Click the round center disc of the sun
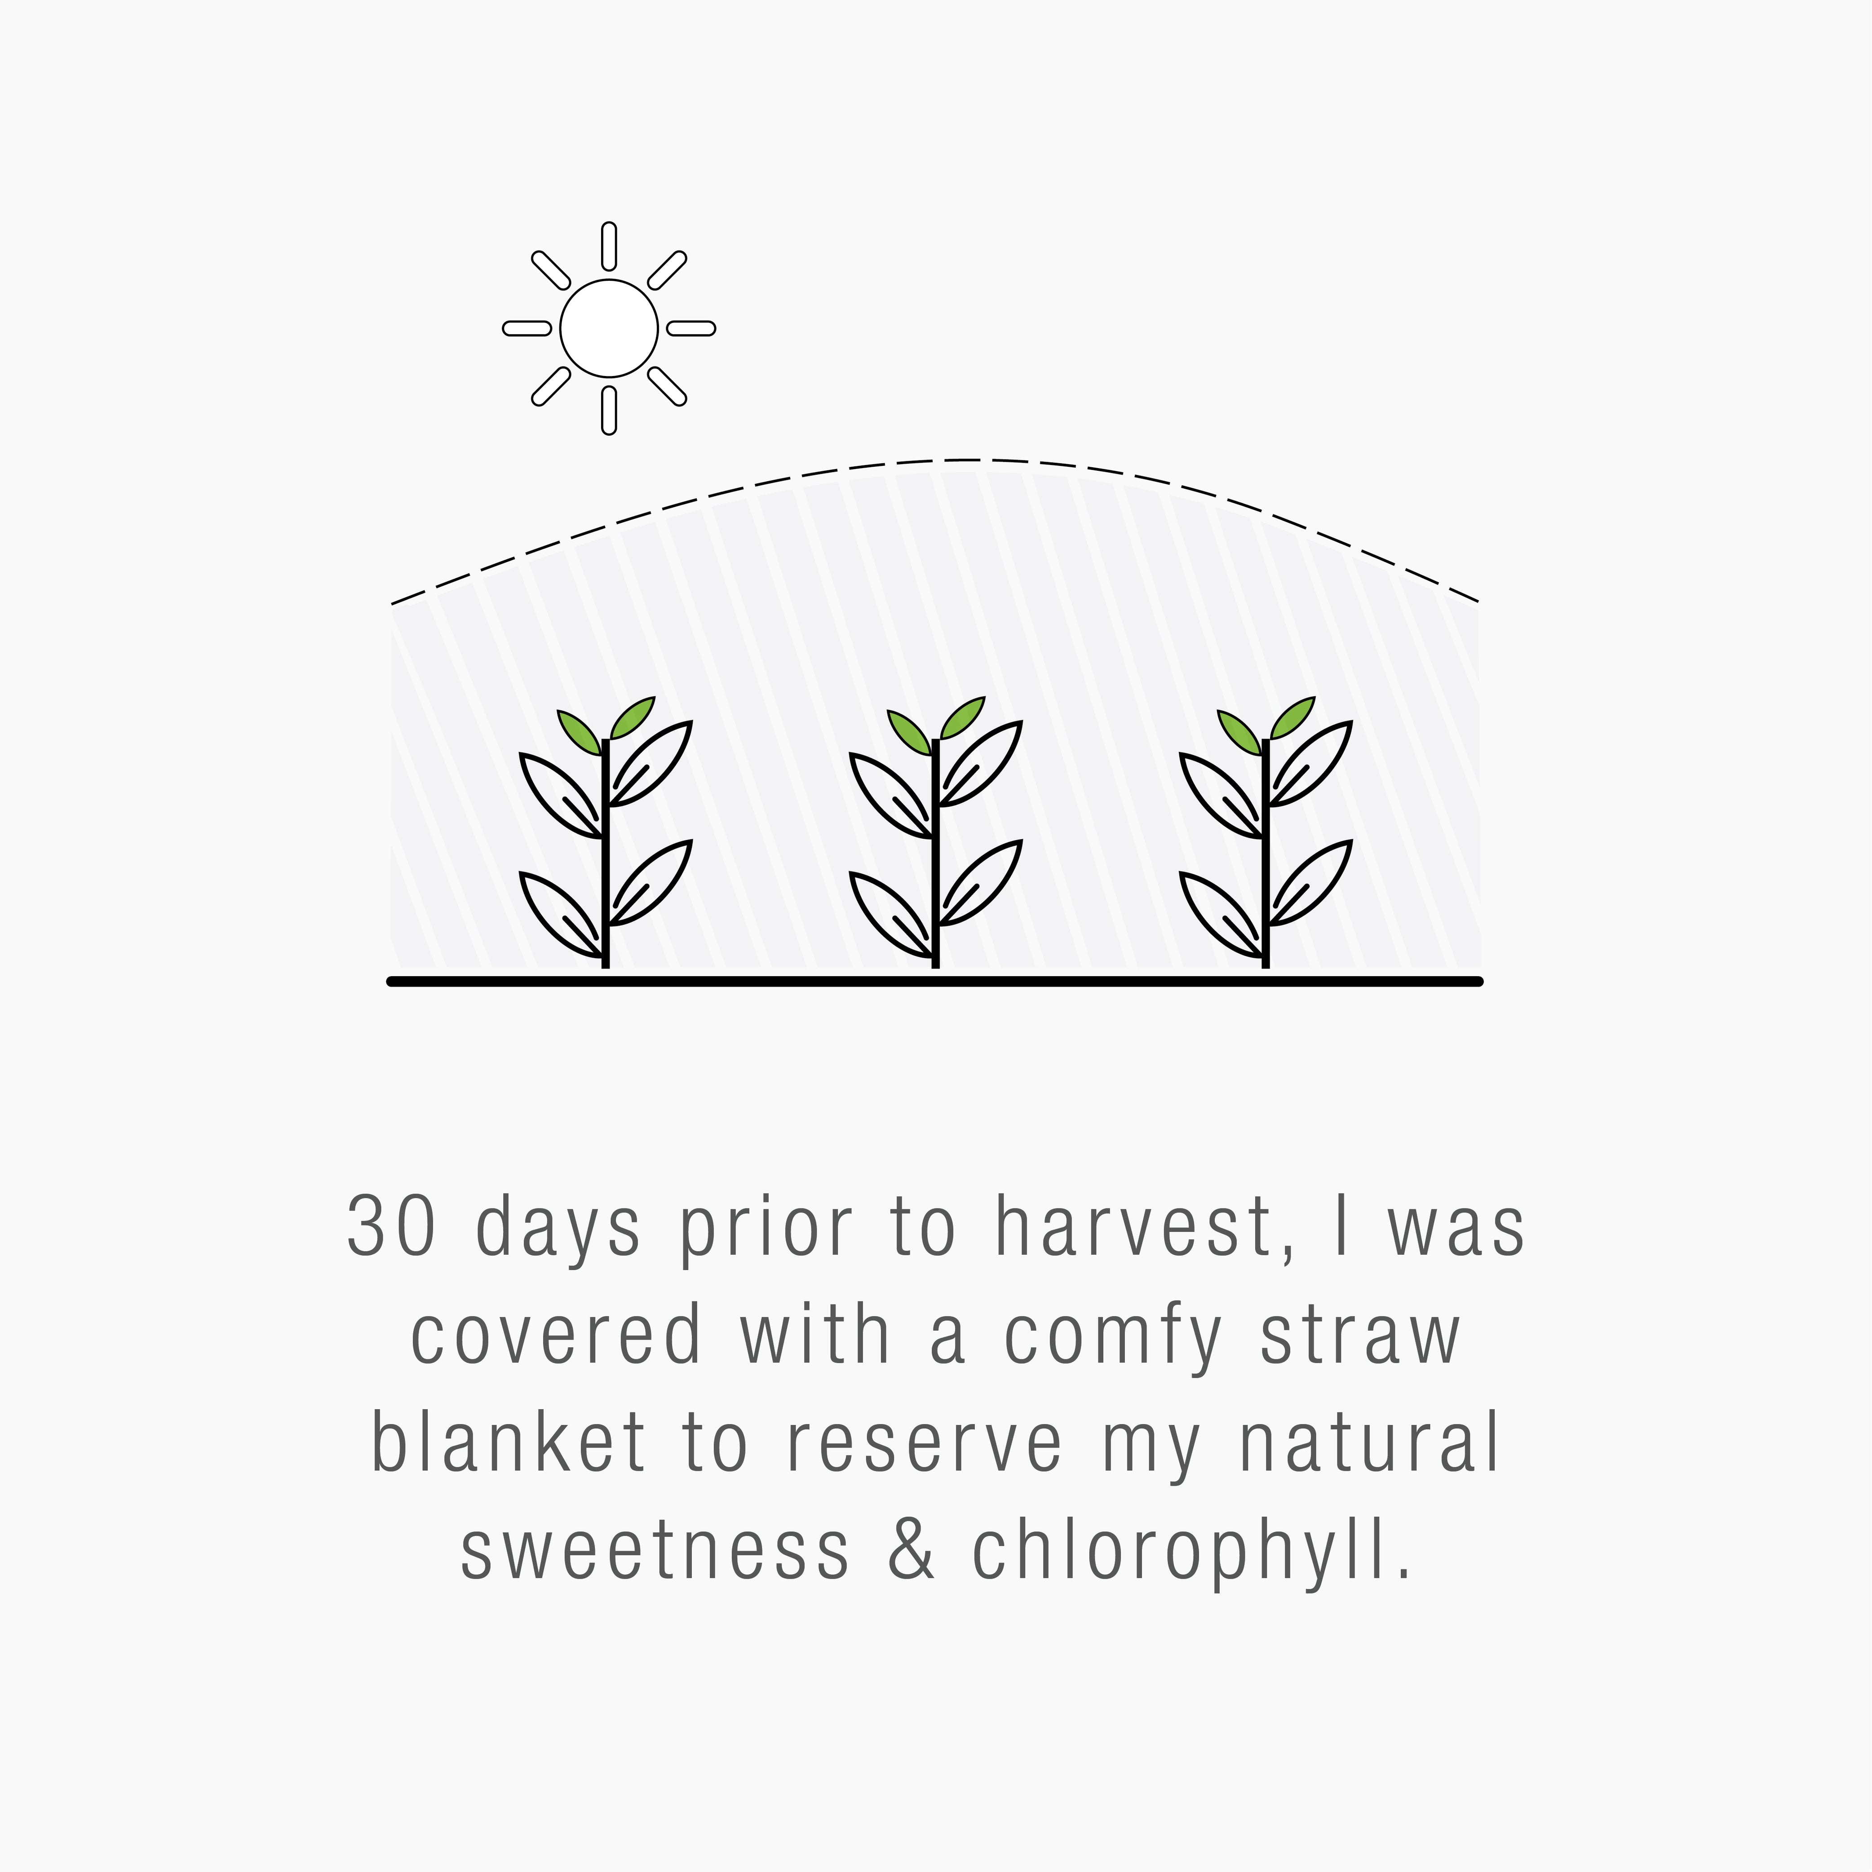608,328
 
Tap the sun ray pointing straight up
608,246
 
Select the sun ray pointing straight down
608,410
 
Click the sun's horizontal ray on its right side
691,328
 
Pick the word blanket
508,1443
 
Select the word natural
1369,1443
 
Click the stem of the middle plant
935,853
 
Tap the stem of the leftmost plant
606,853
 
